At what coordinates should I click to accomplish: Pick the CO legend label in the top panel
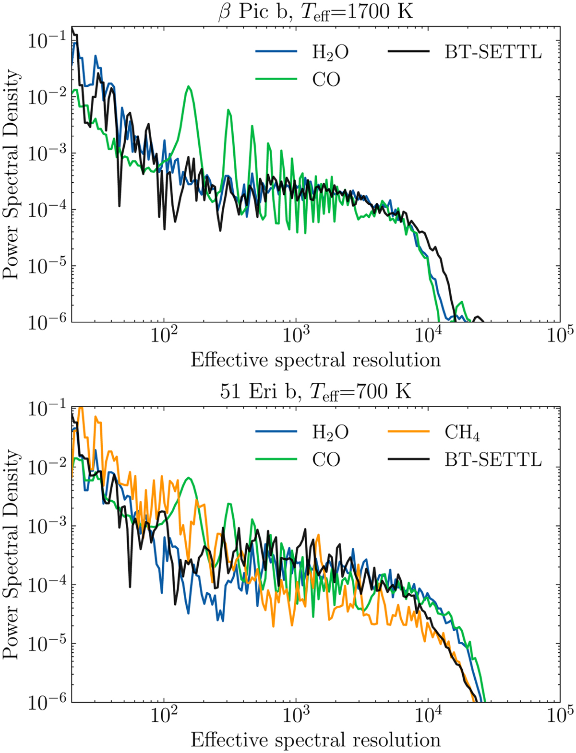click(x=326, y=80)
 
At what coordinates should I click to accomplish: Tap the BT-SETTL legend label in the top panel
click(x=493, y=52)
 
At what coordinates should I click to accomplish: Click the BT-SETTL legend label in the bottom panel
click(x=493, y=459)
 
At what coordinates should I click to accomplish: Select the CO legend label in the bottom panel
click(x=326, y=459)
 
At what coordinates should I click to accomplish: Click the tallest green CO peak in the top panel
click(x=189, y=87)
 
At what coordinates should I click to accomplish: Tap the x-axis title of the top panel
click(x=315, y=360)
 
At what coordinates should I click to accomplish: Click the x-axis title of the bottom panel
click(x=315, y=740)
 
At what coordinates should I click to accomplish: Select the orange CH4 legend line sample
click(x=408, y=432)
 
